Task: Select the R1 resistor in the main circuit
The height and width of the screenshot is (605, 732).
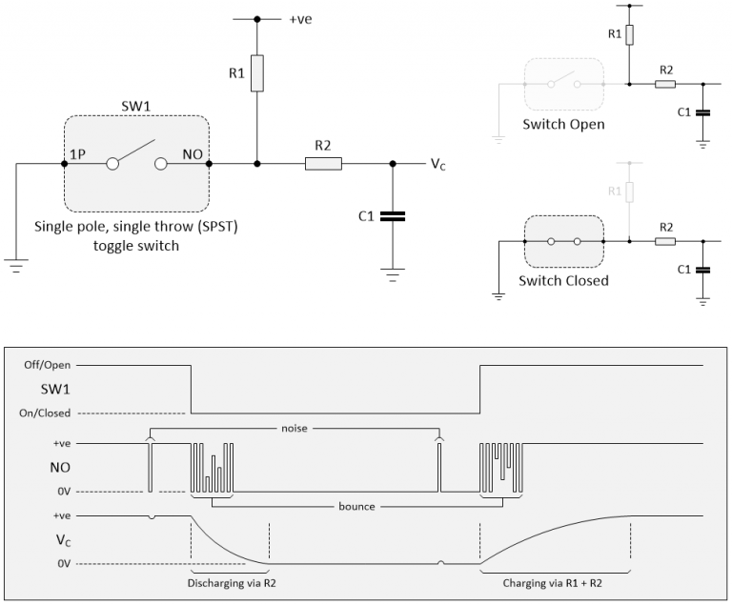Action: [256, 73]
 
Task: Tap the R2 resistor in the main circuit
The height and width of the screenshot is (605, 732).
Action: [323, 164]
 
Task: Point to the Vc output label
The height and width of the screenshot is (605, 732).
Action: [438, 164]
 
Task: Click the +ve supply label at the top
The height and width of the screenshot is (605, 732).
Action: [300, 18]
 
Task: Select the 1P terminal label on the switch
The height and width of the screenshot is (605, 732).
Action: [77, 152]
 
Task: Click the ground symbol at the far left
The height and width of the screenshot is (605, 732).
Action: [16, 267]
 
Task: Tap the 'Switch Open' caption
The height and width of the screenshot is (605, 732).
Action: [562, 124]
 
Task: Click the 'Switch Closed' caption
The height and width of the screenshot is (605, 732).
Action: [562, 281]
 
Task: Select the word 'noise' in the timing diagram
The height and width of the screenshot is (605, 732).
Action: [295, 428]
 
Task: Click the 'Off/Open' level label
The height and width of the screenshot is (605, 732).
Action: [49, 364]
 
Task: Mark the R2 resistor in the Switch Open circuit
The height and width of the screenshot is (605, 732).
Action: [665, 84]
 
